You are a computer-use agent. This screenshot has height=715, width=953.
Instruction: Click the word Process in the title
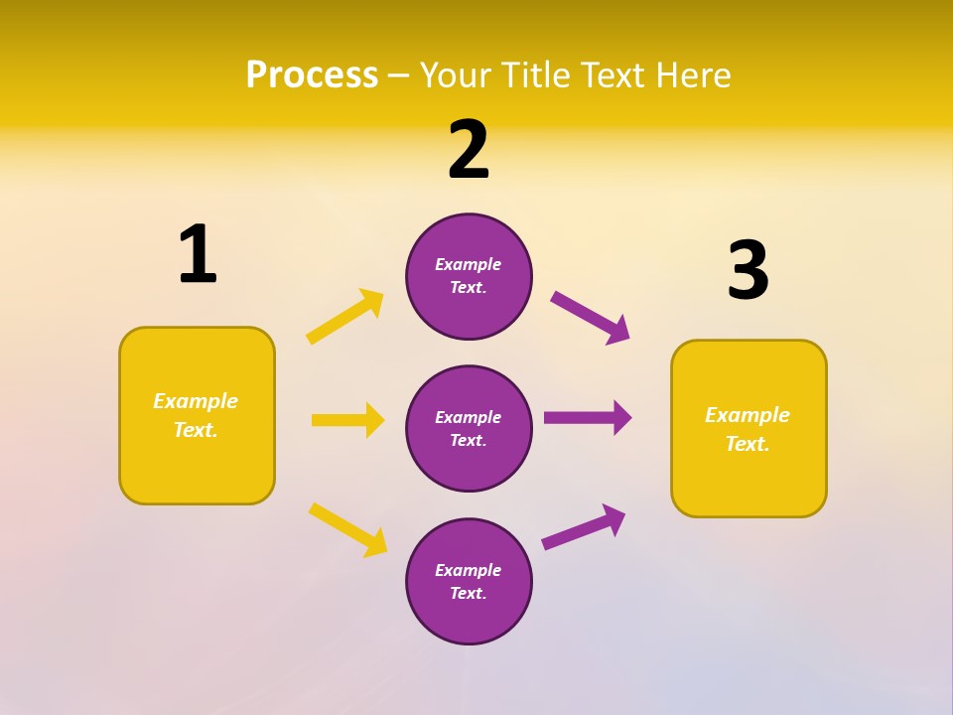pyautogui.click(x=312, y=75)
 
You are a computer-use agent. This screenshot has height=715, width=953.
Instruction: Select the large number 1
pyautogui.click(x=197, y=255)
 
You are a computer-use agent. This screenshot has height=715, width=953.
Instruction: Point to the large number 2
pyautogui.click(x=469, y=151)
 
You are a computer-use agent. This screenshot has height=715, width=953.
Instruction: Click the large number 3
pyautogui.click(x=748, y=271)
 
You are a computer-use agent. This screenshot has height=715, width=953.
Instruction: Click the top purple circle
pyautogui.click(x=469, y=276)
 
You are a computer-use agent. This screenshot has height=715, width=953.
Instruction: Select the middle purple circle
pyautogui.click(x=469, y=428)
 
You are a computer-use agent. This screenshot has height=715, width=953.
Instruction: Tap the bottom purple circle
pyautogui.click(x=469, y=581)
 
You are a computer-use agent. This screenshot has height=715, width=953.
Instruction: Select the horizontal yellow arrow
pyautogui.click(x=347, y=420)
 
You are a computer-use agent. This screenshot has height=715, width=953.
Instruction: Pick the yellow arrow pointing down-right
pyautogui.click(x=347, y=529)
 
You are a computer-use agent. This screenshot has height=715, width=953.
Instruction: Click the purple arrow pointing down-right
pyautogui.click(x=590, y=317)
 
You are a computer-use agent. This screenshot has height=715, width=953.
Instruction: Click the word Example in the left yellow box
pyautogui.click(x=196, y=401)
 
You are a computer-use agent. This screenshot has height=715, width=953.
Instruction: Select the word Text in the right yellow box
pyautogui.click(x=747, y=444)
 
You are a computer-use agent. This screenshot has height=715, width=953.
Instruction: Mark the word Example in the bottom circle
pyautogui.click(x=468, y=570)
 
